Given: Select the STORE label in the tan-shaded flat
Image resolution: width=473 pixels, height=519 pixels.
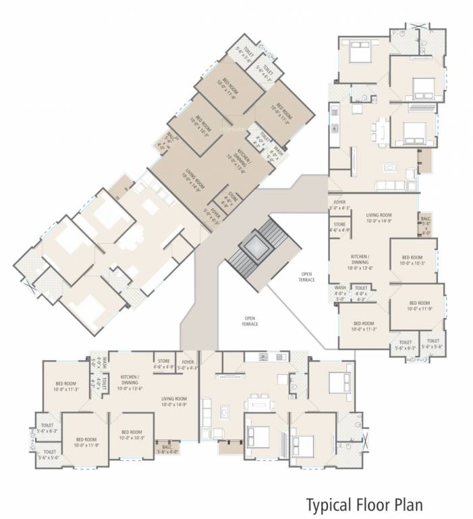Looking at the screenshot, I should (x=221, y=199).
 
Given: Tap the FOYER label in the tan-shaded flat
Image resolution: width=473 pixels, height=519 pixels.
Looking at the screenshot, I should (x=215, y=214).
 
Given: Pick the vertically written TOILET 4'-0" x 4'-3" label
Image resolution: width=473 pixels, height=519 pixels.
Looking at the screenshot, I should (x=98, y=385).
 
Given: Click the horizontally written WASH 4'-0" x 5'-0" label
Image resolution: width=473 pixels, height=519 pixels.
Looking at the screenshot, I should (x=341, y=291).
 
